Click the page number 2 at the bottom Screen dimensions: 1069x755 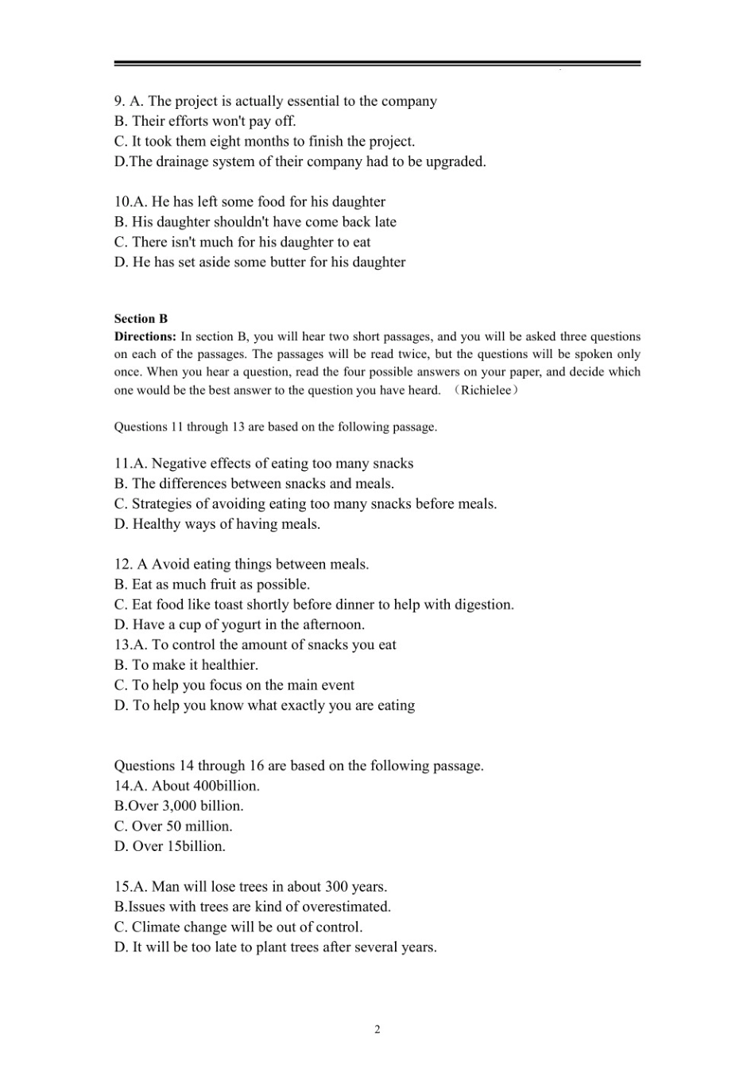point(377,1029)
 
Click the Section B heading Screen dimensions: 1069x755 point(141,318)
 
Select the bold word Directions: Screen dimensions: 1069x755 point(145,336)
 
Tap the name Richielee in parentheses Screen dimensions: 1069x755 point(486,390)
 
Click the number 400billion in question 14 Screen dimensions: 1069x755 point(226,786)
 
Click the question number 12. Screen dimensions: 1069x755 point(122,564)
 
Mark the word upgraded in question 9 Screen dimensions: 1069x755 point(455,161)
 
